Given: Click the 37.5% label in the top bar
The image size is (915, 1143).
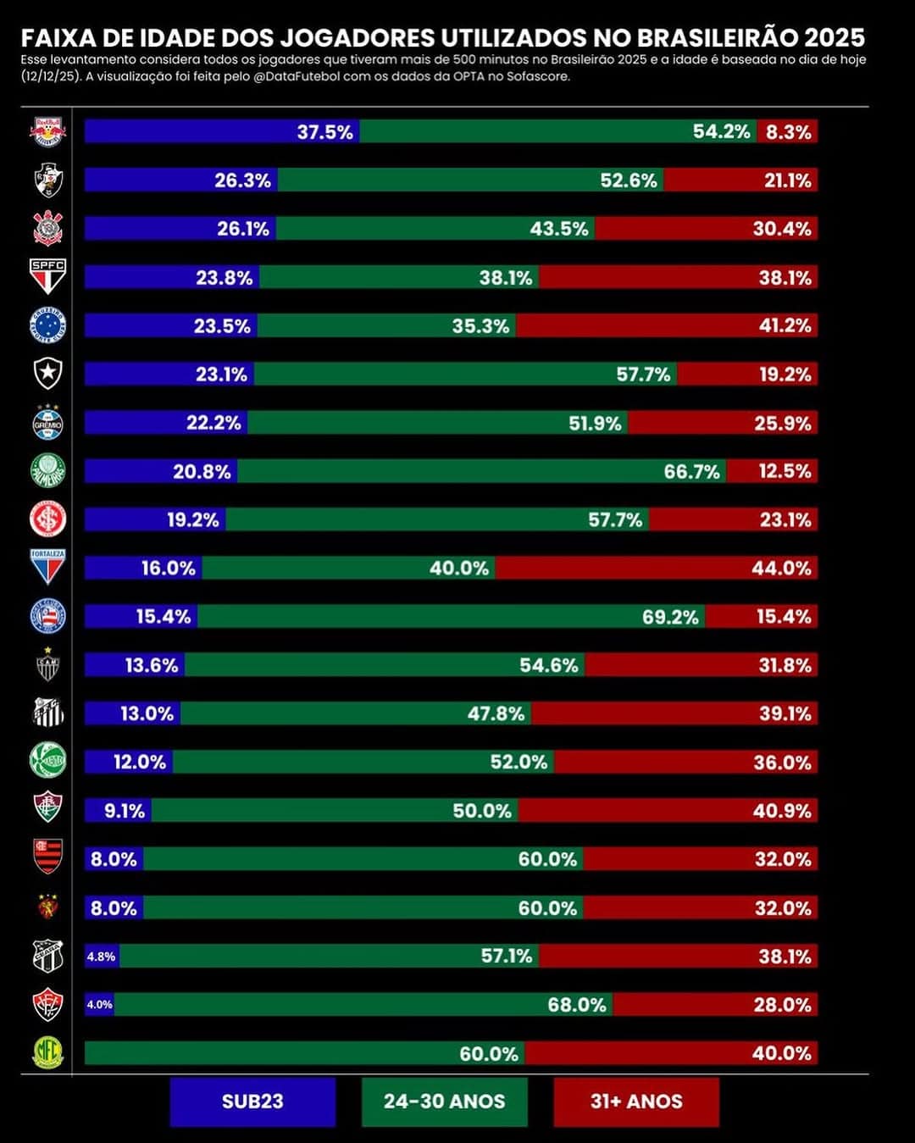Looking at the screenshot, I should (x=324, y=131).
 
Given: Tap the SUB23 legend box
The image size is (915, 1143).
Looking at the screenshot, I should (x=252, y=1101).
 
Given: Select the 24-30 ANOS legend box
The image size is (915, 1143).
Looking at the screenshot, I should (x=444, y=1101).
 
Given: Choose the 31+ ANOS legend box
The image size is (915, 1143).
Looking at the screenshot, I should (x=636, y=1101).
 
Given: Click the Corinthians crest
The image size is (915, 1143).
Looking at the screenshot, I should (x=47, y=229).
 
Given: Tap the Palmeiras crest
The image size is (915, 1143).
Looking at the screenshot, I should (x=47, y=471).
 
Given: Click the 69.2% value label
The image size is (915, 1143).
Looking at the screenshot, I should (x=670, y=617).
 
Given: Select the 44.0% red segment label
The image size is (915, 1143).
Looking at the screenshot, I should (x=781, y=569).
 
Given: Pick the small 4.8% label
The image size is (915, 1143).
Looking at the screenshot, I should (x=101, y=957).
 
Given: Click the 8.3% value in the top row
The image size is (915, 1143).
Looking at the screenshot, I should (x=789, y=131).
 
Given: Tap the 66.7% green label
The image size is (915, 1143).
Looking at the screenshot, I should (x=691, y=471).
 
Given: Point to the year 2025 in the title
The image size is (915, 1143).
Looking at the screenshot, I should (x=835, y=38).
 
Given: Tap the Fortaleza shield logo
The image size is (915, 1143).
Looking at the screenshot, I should (x=47, y=567).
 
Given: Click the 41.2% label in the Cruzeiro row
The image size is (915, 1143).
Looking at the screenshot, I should (x=785, y=326).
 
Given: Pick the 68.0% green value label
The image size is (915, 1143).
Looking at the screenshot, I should (x=577, y=1005).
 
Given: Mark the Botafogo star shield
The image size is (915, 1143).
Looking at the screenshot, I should (x=47, y=374).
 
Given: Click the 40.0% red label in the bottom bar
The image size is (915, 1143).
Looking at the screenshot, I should (x=781, y=1053).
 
